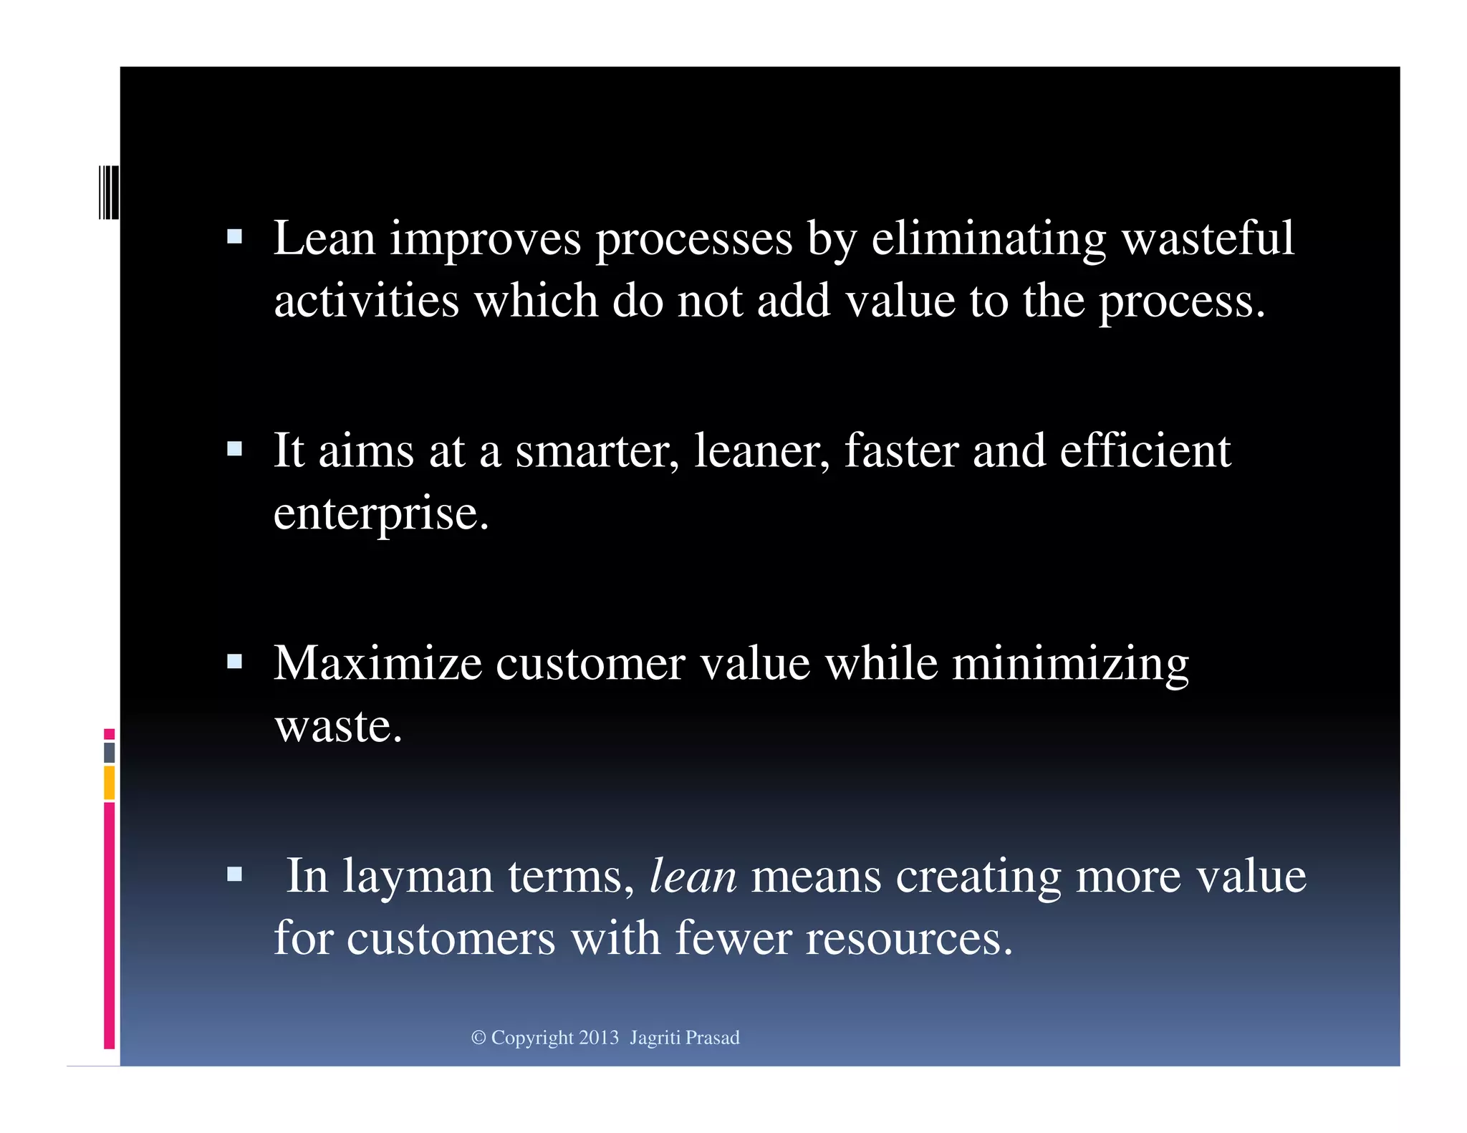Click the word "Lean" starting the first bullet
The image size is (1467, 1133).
(324, 238)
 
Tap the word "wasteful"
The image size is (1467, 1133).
(1208, 238)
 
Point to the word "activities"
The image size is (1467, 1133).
(366, 301)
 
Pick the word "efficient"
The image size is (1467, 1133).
(1145, 451)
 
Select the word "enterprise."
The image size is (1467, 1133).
(381, 514)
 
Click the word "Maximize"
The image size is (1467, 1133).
(377, 663)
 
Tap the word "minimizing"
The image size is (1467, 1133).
(1070, 665)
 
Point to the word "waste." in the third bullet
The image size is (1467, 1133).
(339, 726)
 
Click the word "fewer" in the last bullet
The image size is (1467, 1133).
(733, 938)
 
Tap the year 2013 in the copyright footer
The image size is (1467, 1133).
(599, 1038)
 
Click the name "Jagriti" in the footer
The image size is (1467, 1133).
(654, 1038)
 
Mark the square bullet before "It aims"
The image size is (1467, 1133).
(234, 449)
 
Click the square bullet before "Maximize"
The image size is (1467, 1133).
(234, 661)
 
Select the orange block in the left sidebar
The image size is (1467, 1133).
(109, 782)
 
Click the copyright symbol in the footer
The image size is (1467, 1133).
(478, 1038)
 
